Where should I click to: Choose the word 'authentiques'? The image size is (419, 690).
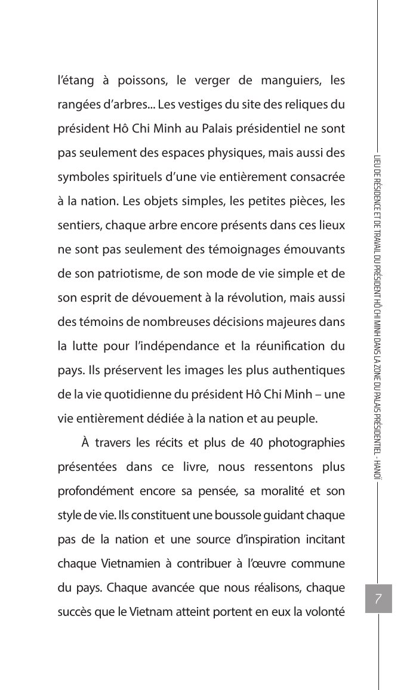[x=309, y=371]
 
